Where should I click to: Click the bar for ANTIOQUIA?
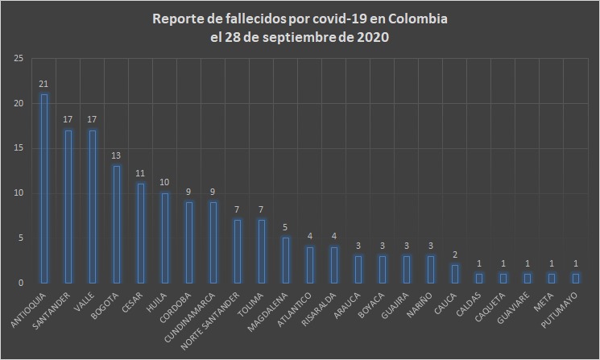(44, 188)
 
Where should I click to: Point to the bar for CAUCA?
(455, 274)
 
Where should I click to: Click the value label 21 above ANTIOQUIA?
(44, 84)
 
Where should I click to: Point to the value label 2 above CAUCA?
(455, 254)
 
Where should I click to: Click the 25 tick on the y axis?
(17, 59)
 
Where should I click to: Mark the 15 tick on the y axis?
(17, 148)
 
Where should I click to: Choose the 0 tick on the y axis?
(19, 283)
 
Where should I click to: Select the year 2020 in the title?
(371, 37)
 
